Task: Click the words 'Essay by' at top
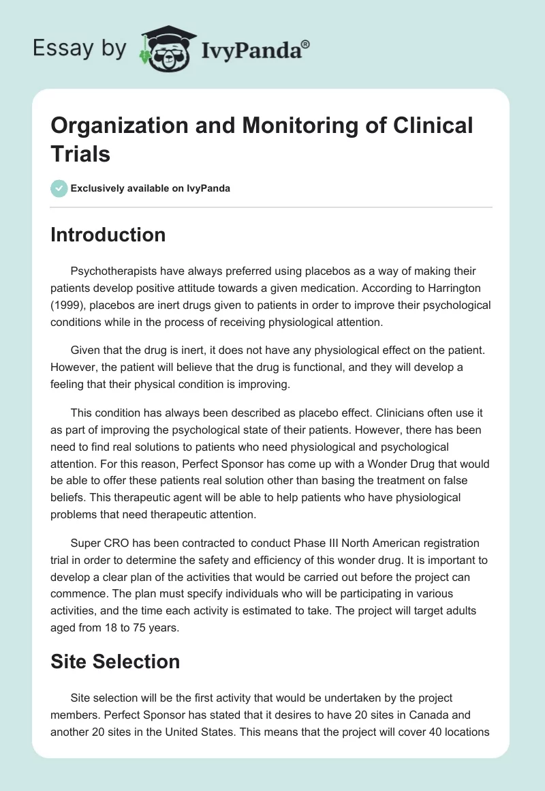pos(78,49)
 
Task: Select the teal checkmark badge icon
pos(59,188)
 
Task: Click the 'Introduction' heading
pos(108,235)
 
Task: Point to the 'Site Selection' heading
pos(115,661)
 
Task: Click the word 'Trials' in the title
pos(80,153)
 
